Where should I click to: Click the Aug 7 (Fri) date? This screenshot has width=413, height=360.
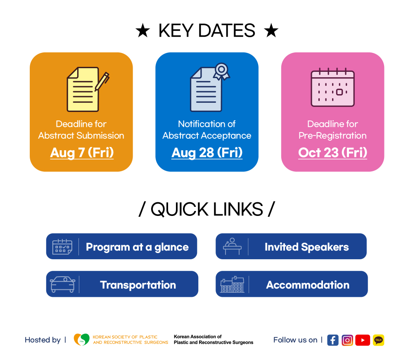(x=82, y=153)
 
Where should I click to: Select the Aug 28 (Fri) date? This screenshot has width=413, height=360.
(x=207, y=153)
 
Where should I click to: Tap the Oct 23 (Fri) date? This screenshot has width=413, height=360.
(x=332, y=153)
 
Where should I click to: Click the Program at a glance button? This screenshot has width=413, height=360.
(x=121, y=246)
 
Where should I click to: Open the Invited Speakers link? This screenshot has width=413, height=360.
(x=291, y=246)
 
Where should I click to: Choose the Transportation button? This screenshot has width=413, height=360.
(x=122, y=284)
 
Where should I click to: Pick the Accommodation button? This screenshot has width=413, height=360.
(x=292, y=284)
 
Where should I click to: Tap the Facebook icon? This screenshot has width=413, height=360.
(x=333, y=340)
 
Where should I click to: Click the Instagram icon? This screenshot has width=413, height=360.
(x=347, y=340)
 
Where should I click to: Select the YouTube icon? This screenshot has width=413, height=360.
(x=363, y=340)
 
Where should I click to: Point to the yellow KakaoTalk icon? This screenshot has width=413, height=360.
(x=378, y=340)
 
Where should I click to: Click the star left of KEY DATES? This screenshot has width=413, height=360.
(x=143, y=30)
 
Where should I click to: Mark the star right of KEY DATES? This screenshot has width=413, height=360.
(x=271, y=30)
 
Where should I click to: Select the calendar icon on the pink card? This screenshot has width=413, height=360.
(x=332, y=88)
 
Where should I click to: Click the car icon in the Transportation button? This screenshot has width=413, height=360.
(x=63, y=284)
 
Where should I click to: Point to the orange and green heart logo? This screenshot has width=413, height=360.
(x=82, y=339)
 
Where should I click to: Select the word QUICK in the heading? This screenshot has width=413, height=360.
(x=180, y=209)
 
